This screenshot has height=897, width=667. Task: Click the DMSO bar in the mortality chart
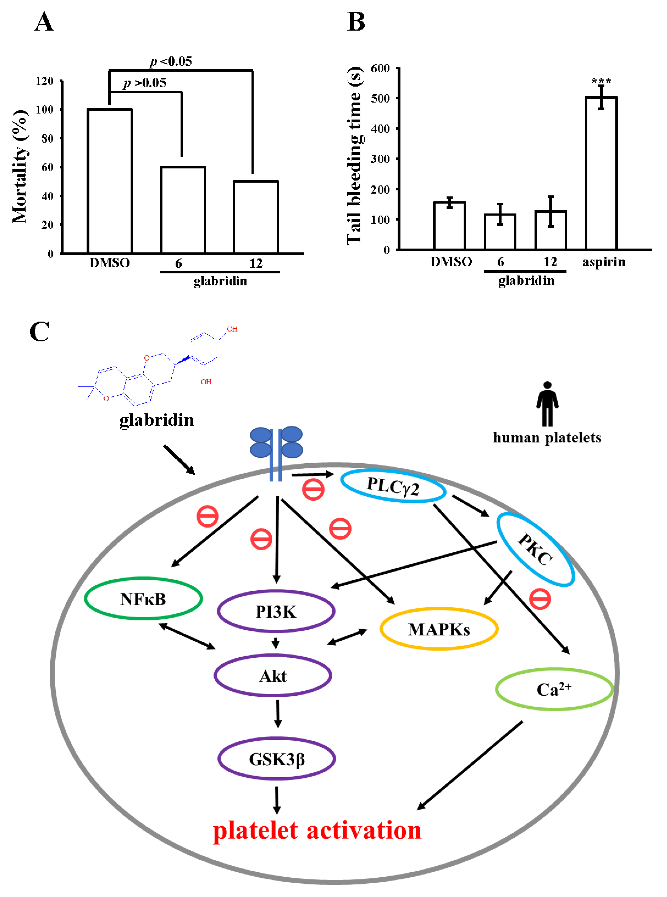(x=110, y=182)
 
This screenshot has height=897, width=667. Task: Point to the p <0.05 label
(x=171, y=61)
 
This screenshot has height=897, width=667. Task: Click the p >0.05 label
(x=145, y=83)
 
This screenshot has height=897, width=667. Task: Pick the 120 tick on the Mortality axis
(x=44, y=81)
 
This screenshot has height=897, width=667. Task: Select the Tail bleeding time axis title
(x=355, y=155)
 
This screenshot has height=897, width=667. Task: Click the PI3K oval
(x=276, y=612)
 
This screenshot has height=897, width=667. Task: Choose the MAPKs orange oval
(x=439, y=629)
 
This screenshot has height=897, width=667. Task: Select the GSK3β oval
(x=277, y=759)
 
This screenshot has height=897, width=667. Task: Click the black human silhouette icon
(x=547, y=403)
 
